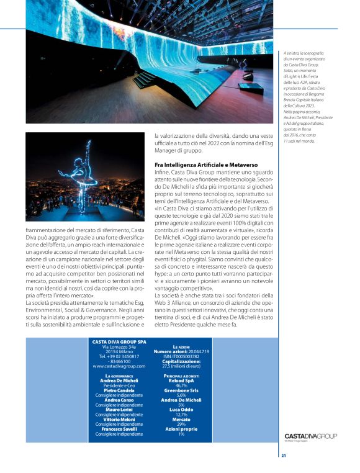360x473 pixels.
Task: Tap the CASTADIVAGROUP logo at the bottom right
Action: pos(310,436)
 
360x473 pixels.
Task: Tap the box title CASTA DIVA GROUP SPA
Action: pos(119,341)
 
